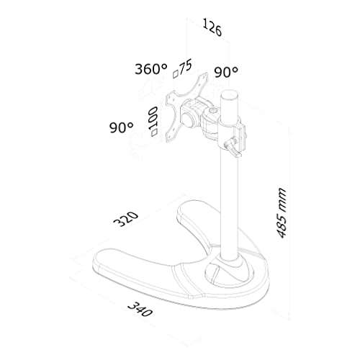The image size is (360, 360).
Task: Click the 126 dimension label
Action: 212,28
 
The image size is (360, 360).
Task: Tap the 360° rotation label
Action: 151,69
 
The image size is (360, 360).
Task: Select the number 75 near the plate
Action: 186,66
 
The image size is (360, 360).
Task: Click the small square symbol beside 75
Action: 176,74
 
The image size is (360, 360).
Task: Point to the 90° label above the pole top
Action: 226,72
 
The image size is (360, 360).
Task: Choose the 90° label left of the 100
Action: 121,127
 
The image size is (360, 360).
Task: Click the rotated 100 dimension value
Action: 153,118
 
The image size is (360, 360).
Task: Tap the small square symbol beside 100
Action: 153,132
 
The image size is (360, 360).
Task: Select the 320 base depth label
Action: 126,219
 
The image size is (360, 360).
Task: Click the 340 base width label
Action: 140,310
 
